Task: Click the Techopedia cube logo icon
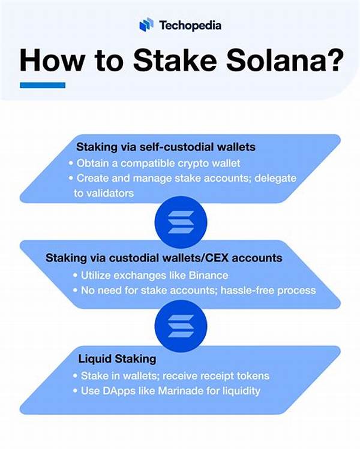pos(146,25)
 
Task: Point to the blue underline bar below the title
pos(42,85)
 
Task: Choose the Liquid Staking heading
pos(117,359)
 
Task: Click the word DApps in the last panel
pos(127,391)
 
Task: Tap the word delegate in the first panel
pos(277,179)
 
